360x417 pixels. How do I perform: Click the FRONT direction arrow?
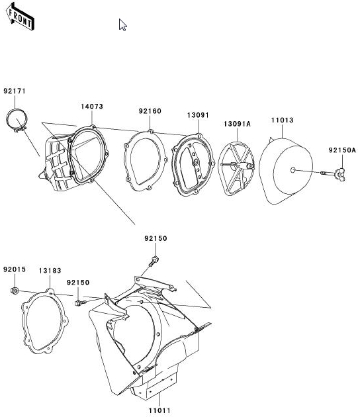tap(20, 17)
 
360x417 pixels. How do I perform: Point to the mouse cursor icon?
tap(122, 24)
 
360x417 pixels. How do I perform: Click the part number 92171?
tap(15, 91)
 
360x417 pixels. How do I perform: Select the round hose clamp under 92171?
tap(17, 120)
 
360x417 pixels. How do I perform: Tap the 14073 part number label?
tap(92, 107)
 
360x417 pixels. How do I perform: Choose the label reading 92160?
tap(150, 111)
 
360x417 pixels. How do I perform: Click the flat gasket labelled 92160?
tap(146, 161)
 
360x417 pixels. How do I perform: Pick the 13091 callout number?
tap(198, 115)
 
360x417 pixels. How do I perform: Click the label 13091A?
tap(237, 124)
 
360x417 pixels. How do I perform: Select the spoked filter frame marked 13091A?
tap(236, 169)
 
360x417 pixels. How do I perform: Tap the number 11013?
tap(283, 120)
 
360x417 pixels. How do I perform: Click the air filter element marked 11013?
tap(286, 171)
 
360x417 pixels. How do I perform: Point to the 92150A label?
tap(342, 150)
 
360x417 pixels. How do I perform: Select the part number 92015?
tap(15, 269)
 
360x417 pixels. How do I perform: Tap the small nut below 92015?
tap(15, 291)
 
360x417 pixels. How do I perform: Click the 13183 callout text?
tap(50, 271)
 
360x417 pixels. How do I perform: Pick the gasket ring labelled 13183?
tap(44, 321)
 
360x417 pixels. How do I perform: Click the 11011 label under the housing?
tap(159, 410)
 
